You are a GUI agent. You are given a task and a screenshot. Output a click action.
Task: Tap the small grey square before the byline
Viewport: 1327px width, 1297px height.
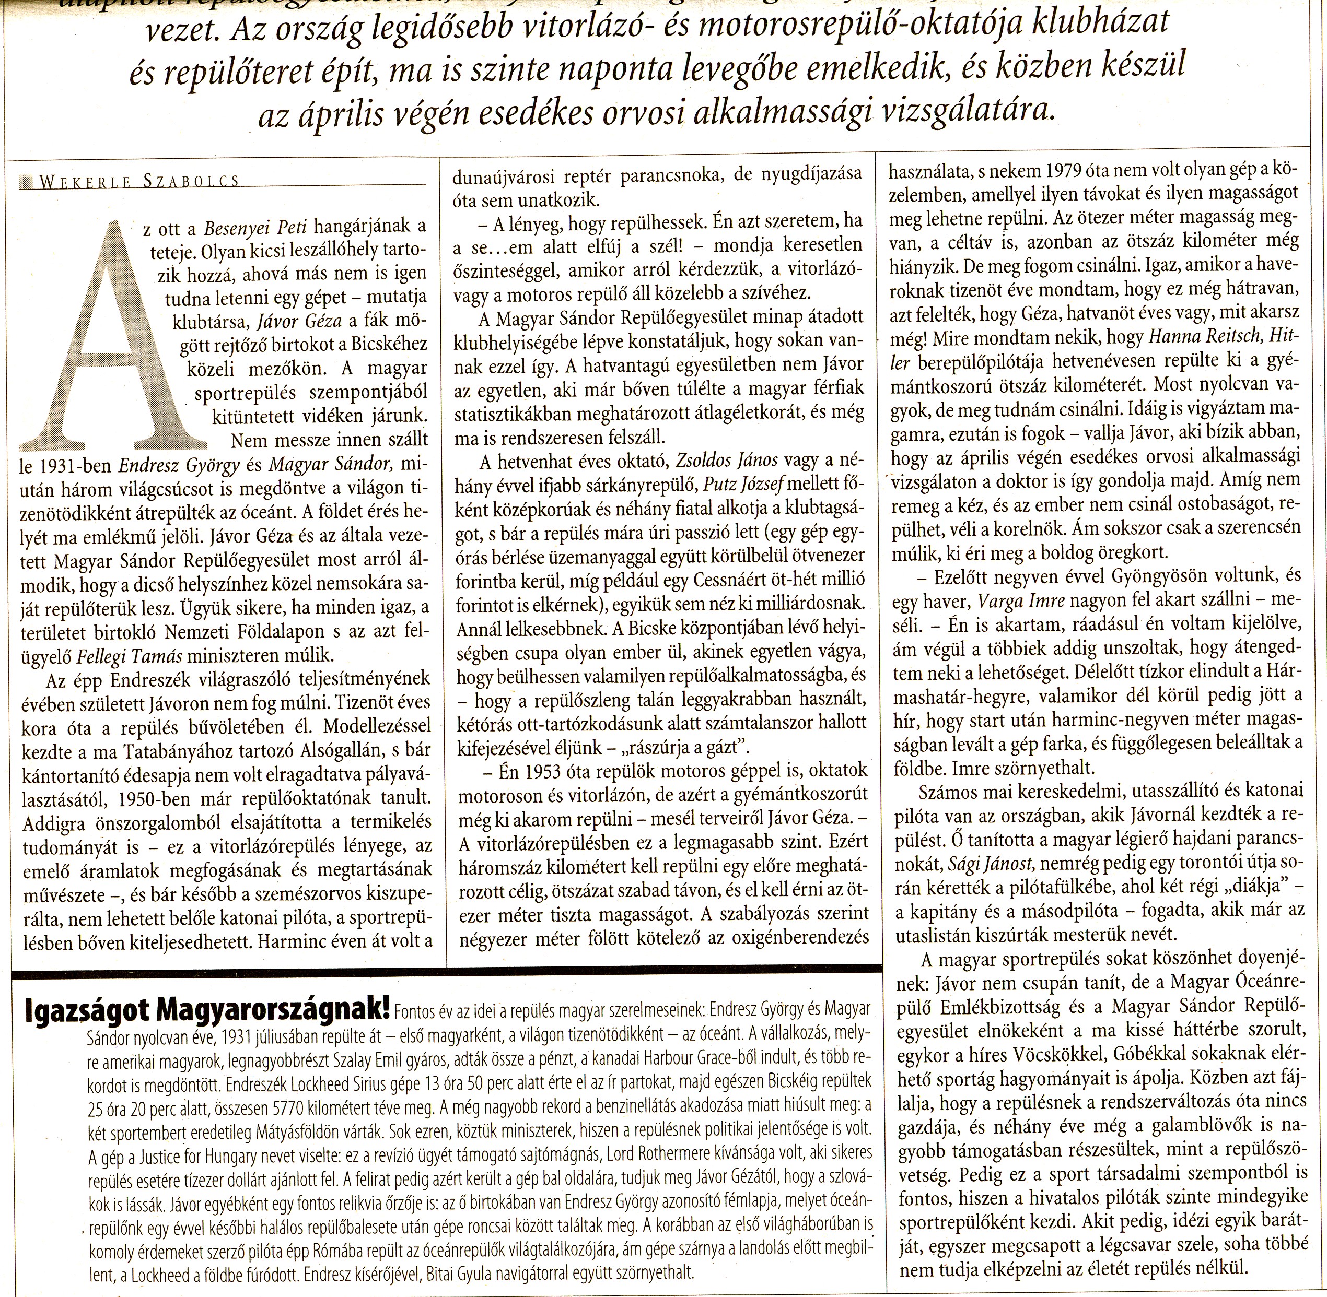tap(27, 181)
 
